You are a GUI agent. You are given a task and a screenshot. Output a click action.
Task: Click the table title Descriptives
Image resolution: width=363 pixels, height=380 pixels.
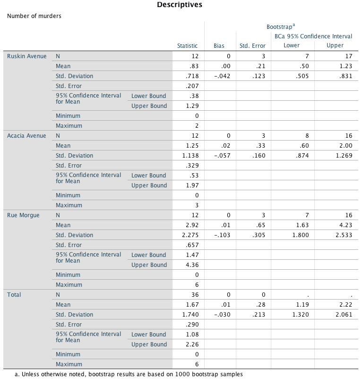pyautogui.click(x=180, y=5)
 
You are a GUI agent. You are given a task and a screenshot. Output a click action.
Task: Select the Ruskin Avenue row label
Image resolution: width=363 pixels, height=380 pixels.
pyautogui.click(x=27, y=56)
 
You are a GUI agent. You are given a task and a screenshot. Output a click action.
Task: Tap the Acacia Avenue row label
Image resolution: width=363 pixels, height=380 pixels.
pyautogui.click(x=26, y=136)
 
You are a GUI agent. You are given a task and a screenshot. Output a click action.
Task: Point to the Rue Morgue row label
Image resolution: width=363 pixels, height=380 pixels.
pyautogui.click(x=23, y=215)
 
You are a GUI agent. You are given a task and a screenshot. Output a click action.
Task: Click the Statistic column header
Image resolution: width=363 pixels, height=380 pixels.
pyautogui.click(x=187, y=46)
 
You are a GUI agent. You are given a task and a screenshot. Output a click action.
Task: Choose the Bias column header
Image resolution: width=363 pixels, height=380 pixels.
pyautogui.click(x=219, y=46)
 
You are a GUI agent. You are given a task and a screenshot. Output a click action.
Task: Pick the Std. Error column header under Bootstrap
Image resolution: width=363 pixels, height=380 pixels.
pyautogui.click(x=252, y=46)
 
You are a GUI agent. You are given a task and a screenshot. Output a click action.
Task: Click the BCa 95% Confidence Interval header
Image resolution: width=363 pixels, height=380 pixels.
pyautogui.click(x=313, y=36)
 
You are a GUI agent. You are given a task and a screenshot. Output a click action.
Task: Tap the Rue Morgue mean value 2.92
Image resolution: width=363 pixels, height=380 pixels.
pyautogui.click(x=193, y=225)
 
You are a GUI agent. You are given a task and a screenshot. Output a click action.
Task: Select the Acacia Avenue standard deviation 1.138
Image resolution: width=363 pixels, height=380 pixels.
pyautogui.click(x=191, y=156)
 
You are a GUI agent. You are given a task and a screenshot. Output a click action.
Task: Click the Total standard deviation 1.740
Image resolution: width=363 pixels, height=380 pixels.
pyautogui.click(x=191, y=315)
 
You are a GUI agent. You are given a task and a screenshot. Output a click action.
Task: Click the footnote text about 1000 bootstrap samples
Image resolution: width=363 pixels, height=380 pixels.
pyautogui.click(x=129, y=374)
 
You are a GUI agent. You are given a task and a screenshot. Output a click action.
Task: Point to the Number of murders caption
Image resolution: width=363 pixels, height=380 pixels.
pyautogui.click(x=34, y=16)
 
